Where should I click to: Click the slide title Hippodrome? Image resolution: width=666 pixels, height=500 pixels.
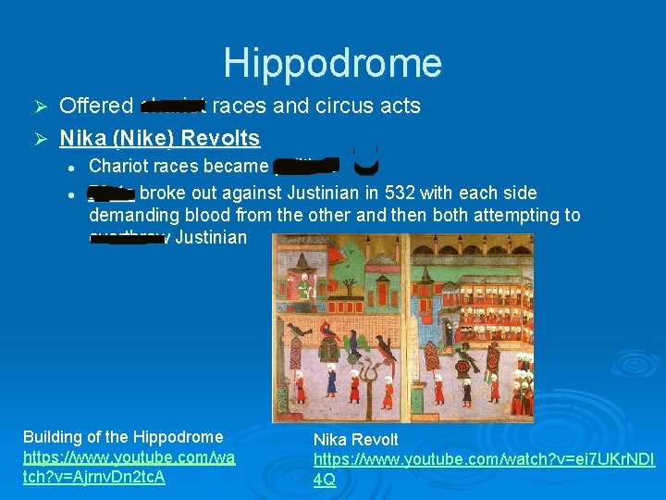click(333, 63)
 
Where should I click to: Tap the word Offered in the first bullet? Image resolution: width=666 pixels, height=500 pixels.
click(96, 106)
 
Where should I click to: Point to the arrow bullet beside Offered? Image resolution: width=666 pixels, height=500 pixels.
click(40, 106)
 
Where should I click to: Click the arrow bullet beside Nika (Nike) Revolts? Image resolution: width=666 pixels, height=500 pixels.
click(40, 140)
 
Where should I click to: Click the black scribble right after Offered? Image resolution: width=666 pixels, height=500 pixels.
click(173, 106)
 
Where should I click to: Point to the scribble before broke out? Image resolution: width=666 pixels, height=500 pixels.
click(111, 193)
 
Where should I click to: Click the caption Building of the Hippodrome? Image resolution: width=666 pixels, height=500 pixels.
click(123, 437)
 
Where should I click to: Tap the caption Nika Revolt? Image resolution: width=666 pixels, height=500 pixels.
click(356, 440)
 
